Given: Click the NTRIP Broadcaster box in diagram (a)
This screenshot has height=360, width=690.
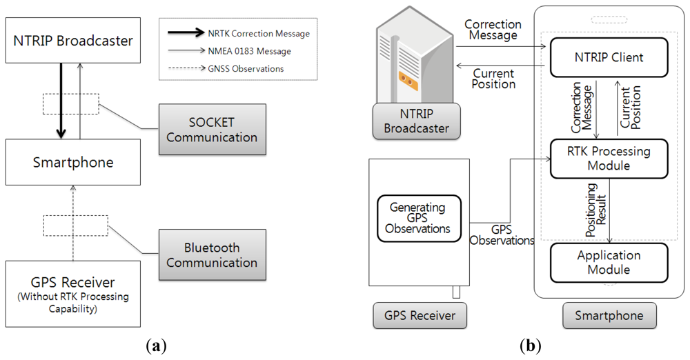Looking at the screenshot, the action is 73,40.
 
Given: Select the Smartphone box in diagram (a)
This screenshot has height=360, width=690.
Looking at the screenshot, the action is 73,162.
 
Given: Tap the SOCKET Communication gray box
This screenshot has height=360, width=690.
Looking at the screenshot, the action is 212,130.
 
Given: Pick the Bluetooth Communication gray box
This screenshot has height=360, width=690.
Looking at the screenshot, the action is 212,254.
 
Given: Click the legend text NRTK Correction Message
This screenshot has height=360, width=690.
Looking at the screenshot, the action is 259,33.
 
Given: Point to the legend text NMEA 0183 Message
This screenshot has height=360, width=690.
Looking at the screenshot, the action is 250,51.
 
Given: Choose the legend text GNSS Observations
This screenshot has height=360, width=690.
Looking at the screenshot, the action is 246,69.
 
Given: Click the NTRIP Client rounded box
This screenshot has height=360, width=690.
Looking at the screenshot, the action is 609,57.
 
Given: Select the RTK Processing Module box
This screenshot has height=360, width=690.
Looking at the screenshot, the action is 609,159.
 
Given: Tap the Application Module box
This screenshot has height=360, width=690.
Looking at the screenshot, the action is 609,263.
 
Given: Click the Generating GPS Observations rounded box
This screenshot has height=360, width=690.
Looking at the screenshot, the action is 419,219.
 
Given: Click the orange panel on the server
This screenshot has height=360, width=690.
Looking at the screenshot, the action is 408,81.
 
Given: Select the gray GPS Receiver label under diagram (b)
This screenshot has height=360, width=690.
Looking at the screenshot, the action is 420,316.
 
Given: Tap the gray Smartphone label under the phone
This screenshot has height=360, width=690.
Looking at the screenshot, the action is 609,316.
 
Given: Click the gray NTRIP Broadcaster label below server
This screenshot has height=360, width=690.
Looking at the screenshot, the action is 416,121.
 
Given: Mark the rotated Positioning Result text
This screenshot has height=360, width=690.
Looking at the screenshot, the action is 596,210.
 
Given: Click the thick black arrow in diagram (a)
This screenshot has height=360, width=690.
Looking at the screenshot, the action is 61,101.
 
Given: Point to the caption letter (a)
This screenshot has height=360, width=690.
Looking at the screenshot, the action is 156,346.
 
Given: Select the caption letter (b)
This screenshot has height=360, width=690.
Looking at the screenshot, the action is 530,346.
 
